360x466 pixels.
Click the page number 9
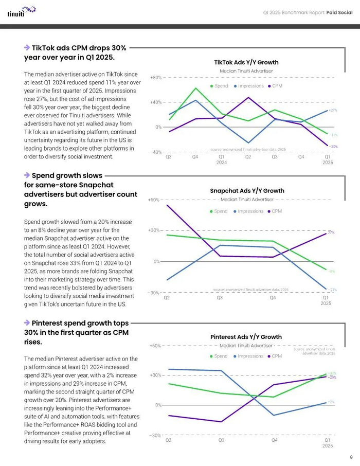pyautogui.click(x=351, y=457)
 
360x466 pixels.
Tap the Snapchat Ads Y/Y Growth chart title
pyautogui.click(x=247, y=191)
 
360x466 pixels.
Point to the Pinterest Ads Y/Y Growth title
pyautogui.click(x=246, y=337)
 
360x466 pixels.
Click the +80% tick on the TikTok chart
pyautogui.click(x=156, y=78)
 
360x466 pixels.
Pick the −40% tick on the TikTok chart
pyautogui.click(x=156, y=152)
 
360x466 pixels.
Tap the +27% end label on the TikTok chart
pyautogui.click(x=333, y=111)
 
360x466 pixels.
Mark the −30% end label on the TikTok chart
pyautogui.click(x=333, y=147)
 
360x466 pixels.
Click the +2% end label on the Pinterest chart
pyautogui.click(x=331, y=402)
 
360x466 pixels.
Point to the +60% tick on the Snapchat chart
pyautogui.click(x=154, y=200)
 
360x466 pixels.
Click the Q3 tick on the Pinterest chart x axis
pyautogui.click(x=221, y=441)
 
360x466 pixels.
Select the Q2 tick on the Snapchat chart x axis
pyautogui.click(x=167, y=298)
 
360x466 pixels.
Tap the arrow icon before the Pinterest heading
pyautogui.click(x=27, y=322)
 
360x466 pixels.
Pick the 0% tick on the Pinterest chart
pyautogui.click(x=157, y=405)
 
